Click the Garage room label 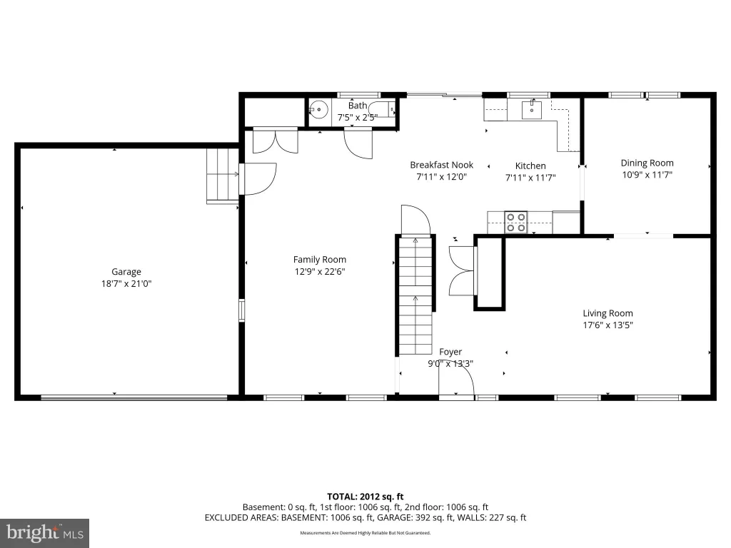point(126,272)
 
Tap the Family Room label point(319,260)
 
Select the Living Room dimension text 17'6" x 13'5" point(608,325)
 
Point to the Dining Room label point(647,163)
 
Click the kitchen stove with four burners point(515,223)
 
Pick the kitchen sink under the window point(531,110)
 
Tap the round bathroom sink point(319,110)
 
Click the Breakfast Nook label point(441,165)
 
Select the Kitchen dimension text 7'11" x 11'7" point(530,178)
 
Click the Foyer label point(450,352)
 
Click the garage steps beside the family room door point(223,176)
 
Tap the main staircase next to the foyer point(415,296)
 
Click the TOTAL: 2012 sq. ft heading point(365,497)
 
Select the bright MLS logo point(44,533)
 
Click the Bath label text point(358,106)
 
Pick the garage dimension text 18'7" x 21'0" point(126,284)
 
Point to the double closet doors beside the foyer point(462,270)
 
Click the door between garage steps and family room point(258,178)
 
